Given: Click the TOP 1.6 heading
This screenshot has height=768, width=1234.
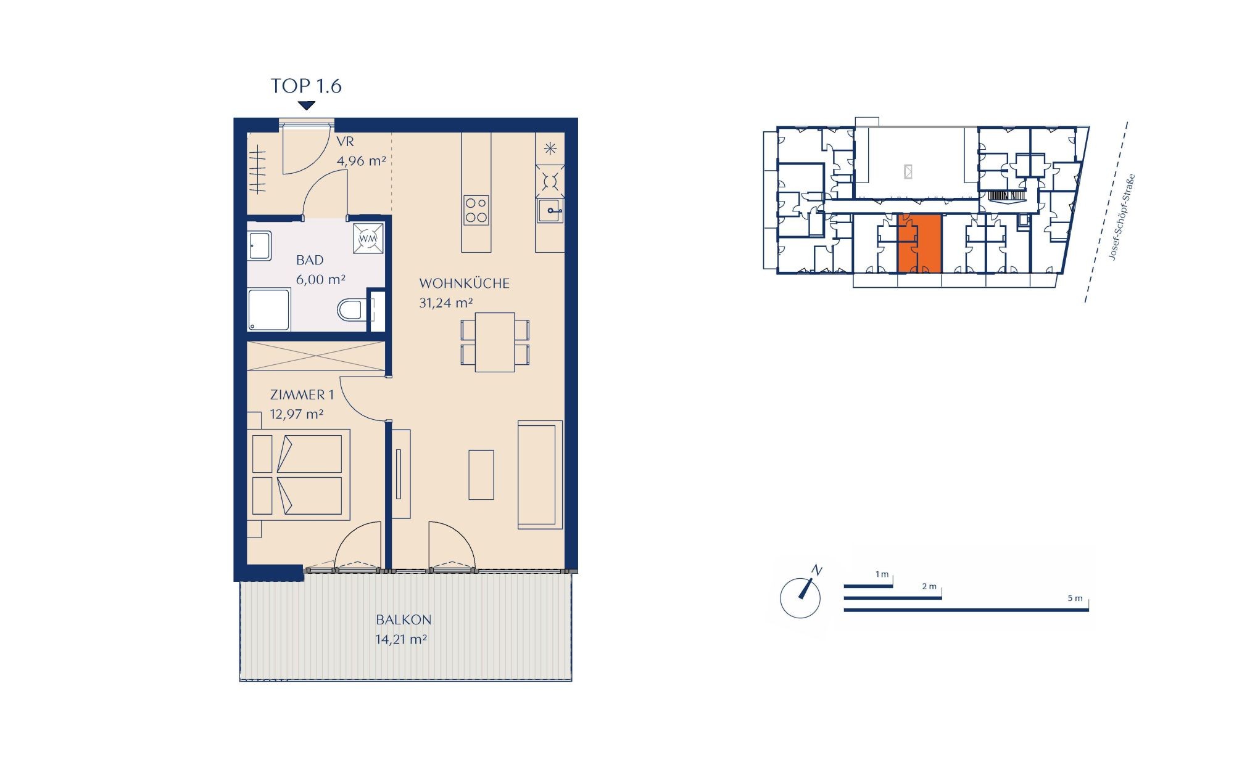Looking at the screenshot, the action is point(306,86).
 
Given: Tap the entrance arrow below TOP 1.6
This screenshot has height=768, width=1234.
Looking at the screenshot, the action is point(307,105).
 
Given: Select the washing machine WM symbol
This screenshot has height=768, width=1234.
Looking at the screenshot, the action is point(368,238).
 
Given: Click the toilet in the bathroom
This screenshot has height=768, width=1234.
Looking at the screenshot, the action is point(350,310).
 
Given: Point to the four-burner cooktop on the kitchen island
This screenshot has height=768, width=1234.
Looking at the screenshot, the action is point(476,210).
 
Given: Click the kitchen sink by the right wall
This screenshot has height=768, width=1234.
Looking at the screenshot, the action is point(550,211).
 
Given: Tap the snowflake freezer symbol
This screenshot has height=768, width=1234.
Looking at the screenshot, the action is point(550,149).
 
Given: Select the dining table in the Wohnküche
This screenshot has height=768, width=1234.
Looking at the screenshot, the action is point(495,342).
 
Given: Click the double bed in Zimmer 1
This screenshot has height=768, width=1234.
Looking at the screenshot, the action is point(299,475).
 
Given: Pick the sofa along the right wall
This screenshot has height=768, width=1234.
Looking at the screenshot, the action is point(540,475).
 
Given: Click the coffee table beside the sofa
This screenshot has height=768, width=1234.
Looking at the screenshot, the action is point(481,475).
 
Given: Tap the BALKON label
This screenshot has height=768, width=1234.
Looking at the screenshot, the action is point(404,620).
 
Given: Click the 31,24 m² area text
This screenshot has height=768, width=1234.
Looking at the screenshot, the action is point(446,303).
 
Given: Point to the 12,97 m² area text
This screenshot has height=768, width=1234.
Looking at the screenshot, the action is point(297,414).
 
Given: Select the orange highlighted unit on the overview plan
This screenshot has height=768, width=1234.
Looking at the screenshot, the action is point(919,243).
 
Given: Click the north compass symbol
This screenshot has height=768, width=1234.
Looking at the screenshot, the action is point(801,594).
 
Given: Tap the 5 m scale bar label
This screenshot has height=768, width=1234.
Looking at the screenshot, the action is point(1074,598).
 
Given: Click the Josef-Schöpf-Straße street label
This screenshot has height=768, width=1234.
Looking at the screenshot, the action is point(1122,217).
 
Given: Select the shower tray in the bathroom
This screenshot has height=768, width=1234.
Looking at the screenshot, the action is point(268,310).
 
